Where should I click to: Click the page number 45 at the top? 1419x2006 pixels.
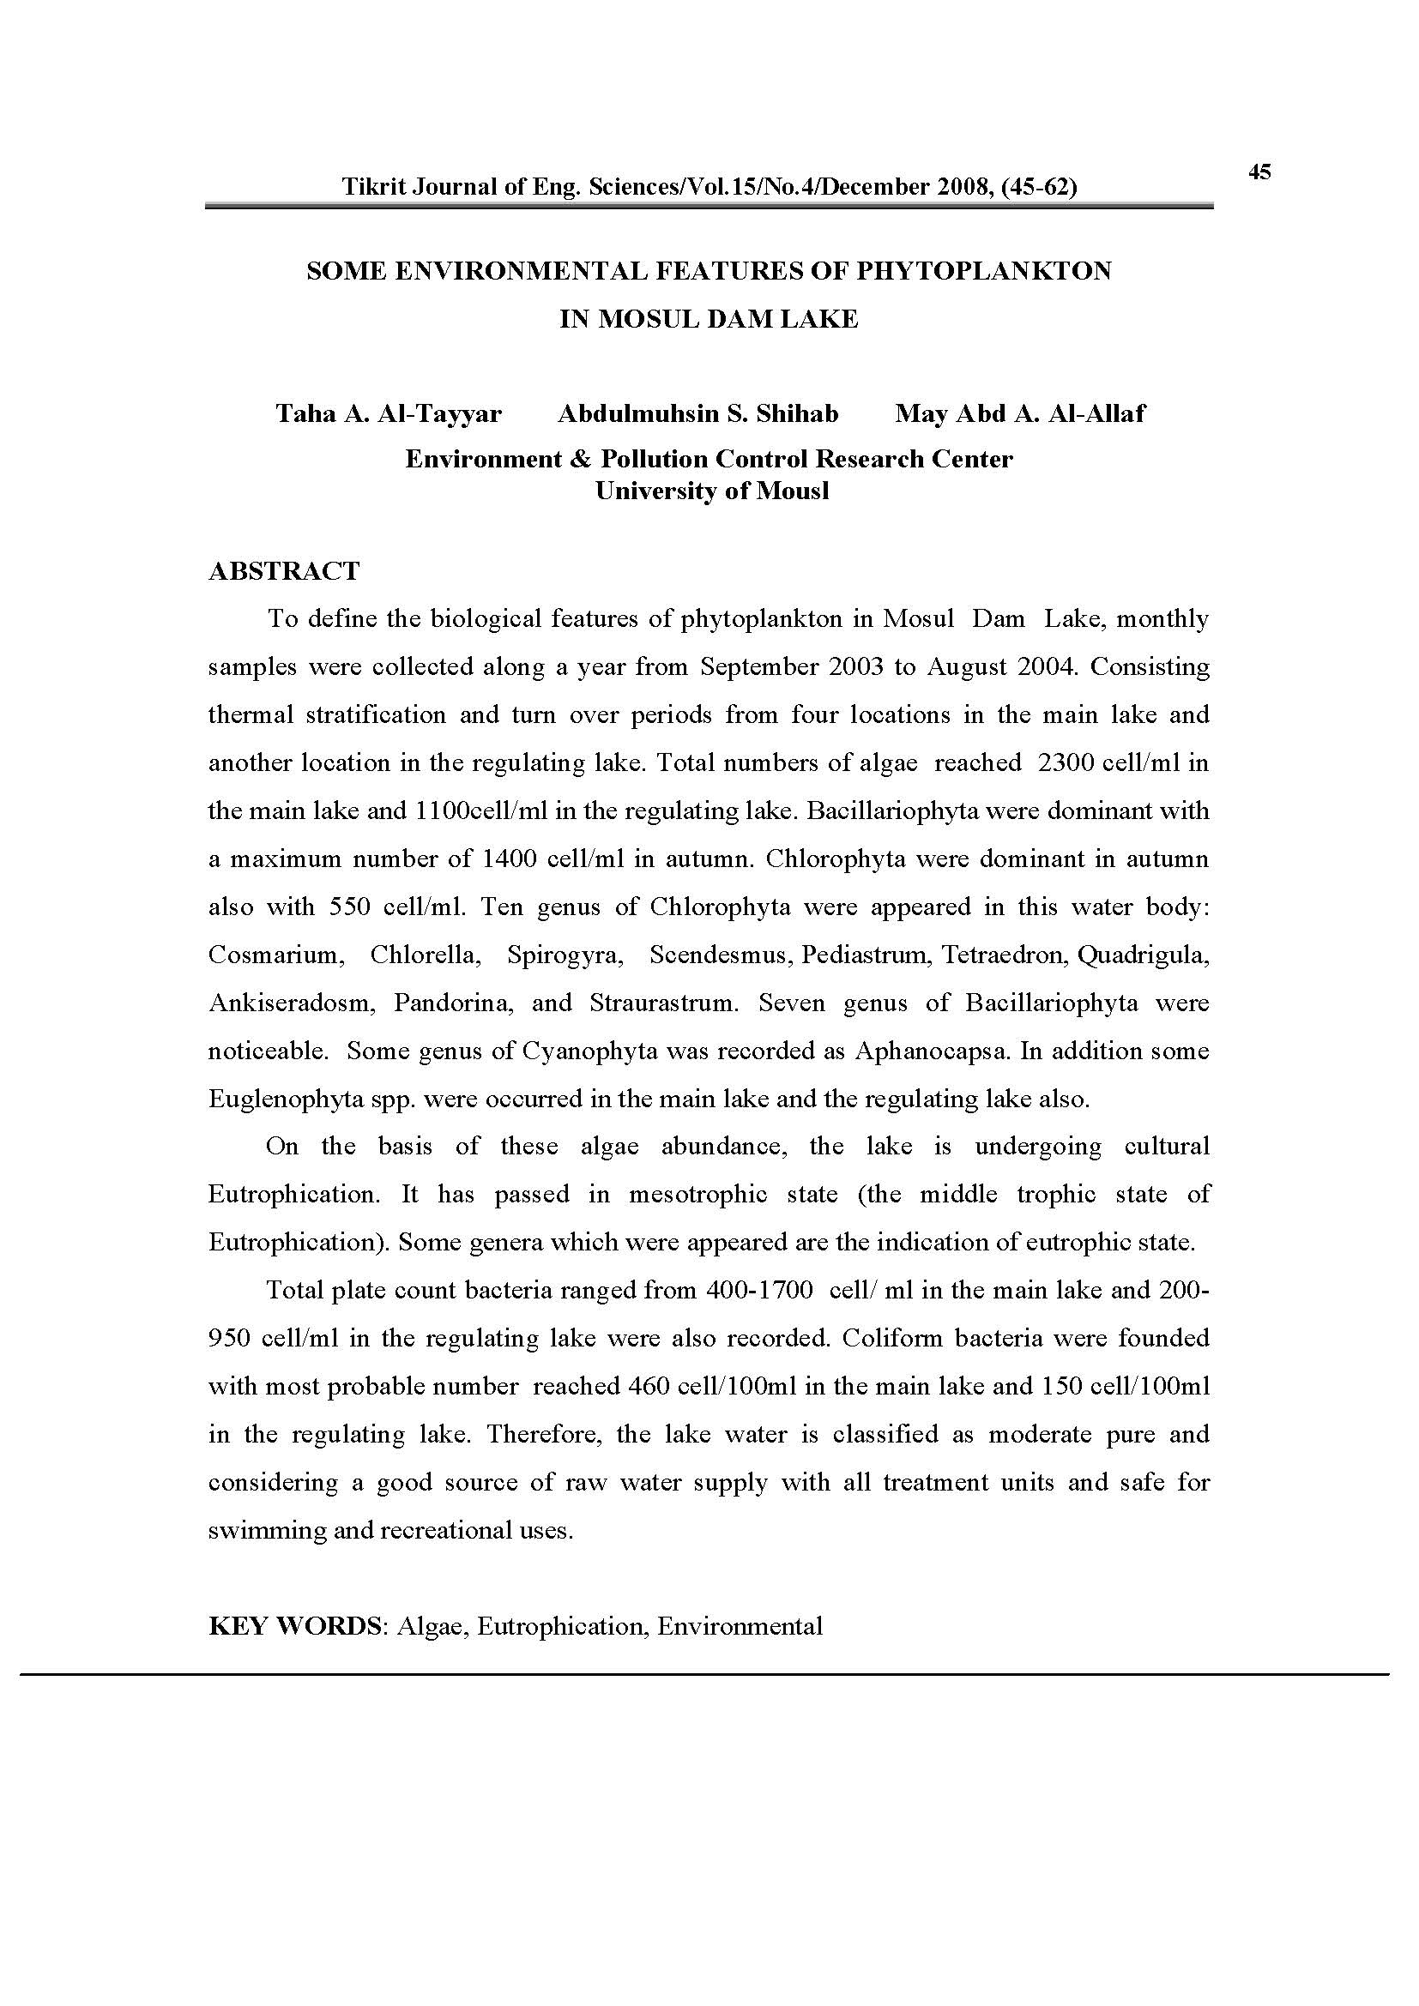point(1259,172)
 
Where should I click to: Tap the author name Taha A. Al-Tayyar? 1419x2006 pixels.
point(389,413)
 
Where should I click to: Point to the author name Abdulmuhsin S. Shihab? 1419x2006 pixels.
point(697,413)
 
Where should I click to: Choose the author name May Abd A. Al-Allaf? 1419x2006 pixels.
point(1019,413)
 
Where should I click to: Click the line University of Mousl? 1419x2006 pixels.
point(711,491)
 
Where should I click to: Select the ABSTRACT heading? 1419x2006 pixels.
point(284,571)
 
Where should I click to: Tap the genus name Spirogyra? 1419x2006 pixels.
point(565,955)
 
